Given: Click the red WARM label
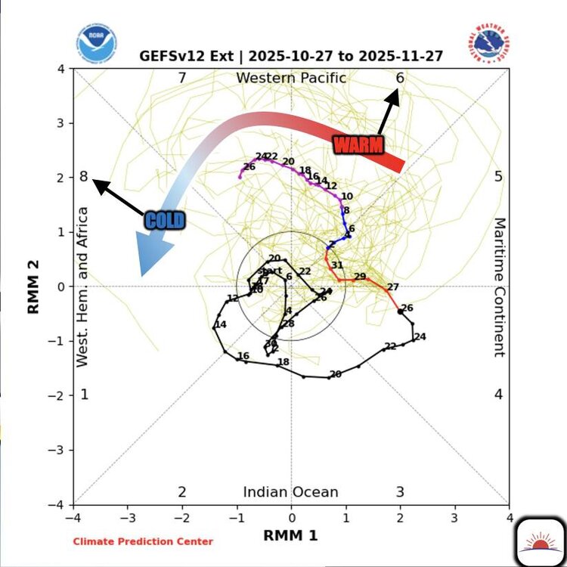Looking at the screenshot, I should pos(358,144).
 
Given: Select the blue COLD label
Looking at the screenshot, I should pos(165,220).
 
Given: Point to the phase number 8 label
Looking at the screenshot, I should pos(84,177).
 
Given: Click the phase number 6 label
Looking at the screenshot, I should pos(400,78).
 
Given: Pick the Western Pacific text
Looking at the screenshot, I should pos(291,78).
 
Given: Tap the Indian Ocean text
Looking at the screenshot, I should pos(290,492).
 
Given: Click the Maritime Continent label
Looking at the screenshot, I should pos(499,287).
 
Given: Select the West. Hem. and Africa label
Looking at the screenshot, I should pos(83,287).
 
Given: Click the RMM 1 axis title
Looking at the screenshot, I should pos(290,534).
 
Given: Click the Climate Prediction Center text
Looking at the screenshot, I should pos(143,541).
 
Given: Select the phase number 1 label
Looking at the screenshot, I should pos(85,394).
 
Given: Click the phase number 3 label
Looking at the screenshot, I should pos(400,492).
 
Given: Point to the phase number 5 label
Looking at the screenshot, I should pos(498,177).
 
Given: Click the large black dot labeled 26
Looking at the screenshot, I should pos(401,311).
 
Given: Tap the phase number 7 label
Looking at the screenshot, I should pos(181,78).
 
